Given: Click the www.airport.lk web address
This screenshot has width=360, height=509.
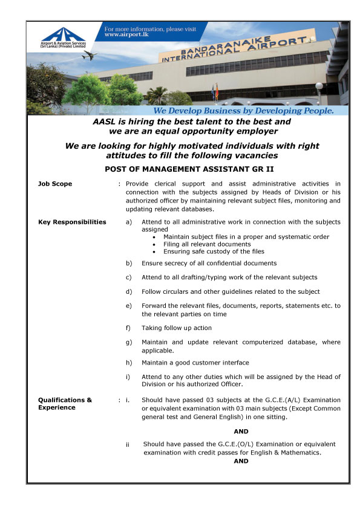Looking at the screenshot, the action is pos(124,35).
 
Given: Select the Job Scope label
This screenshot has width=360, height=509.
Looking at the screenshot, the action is pos(55,184).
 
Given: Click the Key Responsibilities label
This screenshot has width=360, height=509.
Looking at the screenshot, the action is pos(72,222).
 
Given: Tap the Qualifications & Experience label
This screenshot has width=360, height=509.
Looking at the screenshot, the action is pos(65,403).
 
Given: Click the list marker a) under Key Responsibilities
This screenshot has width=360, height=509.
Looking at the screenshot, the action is pos(129,222).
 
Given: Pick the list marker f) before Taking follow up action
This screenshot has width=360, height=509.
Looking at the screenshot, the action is pos(128,328).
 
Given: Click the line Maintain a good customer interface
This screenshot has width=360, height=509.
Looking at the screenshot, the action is pos(195,363).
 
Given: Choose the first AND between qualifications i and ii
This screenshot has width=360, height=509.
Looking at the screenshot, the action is pos(241,431).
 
